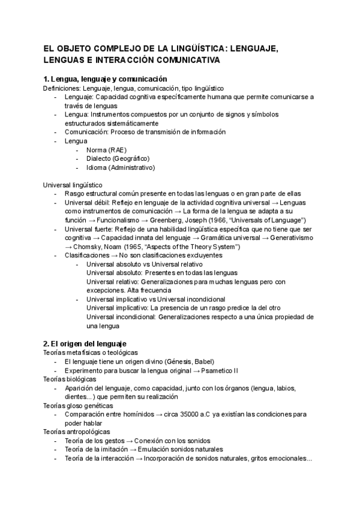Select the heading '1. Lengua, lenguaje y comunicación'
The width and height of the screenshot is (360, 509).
click(105, 79)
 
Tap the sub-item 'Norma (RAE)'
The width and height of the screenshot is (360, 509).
click(106, 149)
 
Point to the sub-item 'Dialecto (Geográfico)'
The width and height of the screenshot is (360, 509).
click(118, 158)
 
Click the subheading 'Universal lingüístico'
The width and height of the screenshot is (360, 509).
click(73, 185)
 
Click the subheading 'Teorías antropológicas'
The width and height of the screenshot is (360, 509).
click(77, 432)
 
